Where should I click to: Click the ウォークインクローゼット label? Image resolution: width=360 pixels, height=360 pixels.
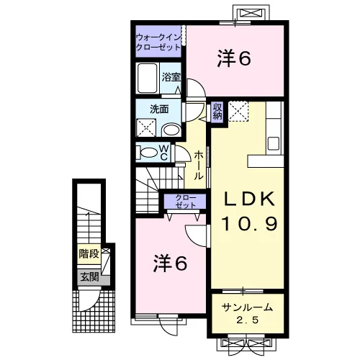tap(158, 42)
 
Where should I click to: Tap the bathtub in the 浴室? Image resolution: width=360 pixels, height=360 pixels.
tap(148, 78)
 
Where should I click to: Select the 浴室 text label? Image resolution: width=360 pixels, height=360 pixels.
tap(171, 77)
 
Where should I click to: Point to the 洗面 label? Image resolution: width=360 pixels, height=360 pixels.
tap(159, 109)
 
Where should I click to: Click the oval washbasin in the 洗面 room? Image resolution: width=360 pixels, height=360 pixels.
tap(171, 130)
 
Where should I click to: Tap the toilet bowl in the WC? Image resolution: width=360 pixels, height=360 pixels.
tap(148, 153)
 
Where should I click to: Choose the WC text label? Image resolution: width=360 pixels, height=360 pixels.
tap(164, 153)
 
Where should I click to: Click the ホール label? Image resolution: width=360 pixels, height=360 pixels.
tap(199, 166)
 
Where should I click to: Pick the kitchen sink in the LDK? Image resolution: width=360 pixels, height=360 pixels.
tap(274, 143)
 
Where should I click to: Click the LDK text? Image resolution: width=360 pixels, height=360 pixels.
tap(249, 199)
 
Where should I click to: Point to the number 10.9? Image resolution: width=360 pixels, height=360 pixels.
tap(250, 224)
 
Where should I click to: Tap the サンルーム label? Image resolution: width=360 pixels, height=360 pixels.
tap(248, 307)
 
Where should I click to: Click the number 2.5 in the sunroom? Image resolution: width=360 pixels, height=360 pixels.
tap(247, 320)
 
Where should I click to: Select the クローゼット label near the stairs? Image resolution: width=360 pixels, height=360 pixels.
tap(185, 202)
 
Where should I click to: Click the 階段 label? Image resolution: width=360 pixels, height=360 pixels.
tap(89, 253)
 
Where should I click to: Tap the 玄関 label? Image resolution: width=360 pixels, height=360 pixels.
tap(89, 277)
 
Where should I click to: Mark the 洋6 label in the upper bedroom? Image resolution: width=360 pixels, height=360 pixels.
tap(234, 58)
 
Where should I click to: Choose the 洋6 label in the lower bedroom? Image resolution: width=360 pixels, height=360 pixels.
tap(170, 264)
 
